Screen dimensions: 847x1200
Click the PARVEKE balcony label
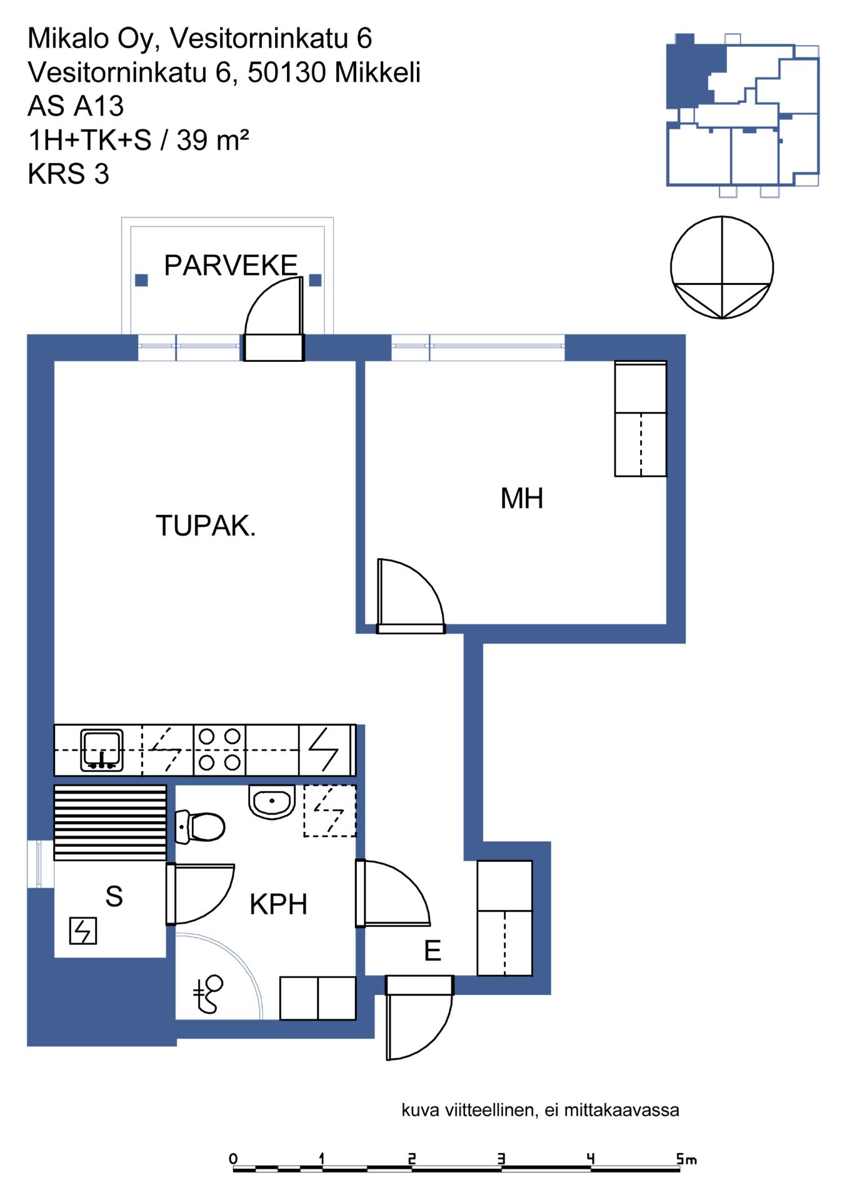click(x=231, y=266)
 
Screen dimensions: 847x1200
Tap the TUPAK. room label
click(x=206, y=526)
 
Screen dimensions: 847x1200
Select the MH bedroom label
click(x=522, y=499)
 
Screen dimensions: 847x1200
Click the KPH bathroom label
click(x=278, y=904)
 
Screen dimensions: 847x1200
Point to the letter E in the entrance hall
click(x=433, y=951)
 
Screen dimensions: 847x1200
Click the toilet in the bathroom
click(x=200, y=826)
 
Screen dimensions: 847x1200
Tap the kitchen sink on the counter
click(x=102, y=749)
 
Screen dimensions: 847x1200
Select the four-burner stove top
click(x=219, y=749)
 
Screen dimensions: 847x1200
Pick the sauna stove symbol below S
click(x=83, y=930)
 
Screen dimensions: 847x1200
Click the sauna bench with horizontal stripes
click(x=110, y=822)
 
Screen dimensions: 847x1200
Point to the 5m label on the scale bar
click(x=686, y=1159)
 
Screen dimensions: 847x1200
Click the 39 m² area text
click(x=213, y=140)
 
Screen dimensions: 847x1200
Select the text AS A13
click(x=76, y=106)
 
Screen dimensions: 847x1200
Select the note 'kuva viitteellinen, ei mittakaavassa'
click(x=540, y=1110)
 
